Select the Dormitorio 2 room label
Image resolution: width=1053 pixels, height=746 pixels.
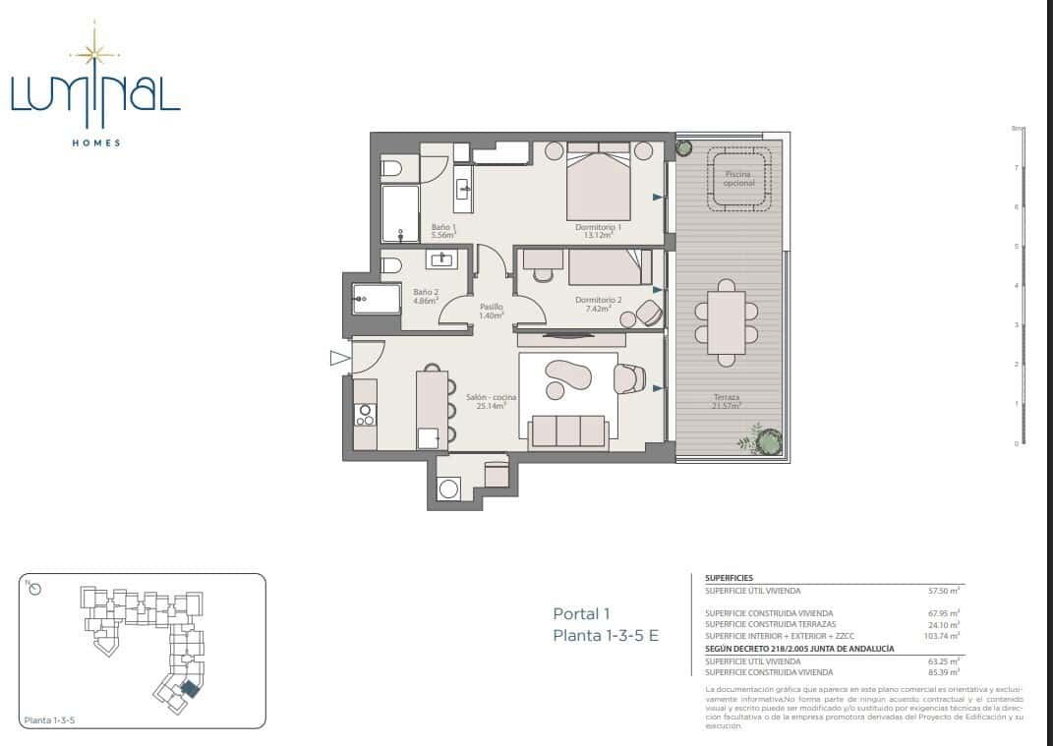point(598,304)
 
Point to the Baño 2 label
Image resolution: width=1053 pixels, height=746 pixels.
point(425,296)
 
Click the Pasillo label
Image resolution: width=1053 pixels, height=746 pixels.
point(492,311)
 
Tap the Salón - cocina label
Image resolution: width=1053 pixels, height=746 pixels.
point(491,401)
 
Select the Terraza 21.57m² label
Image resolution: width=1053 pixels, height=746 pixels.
point(728,402)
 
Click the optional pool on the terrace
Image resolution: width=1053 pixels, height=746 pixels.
point(740,179)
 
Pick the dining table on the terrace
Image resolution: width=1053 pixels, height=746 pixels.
point(727,322)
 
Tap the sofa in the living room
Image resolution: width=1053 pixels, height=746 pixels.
point(567,431)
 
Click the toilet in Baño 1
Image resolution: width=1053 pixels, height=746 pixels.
point(390,169)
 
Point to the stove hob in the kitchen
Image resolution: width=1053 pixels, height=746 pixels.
point(364,415)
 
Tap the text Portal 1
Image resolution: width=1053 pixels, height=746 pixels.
point(589,614)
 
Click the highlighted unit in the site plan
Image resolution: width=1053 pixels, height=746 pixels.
point(189,688)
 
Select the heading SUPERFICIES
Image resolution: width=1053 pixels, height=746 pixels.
point(730,578)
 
